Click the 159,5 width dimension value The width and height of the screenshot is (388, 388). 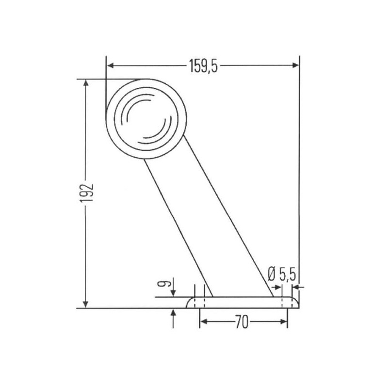coord(203,66)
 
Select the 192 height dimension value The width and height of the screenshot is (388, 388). coord(87,193)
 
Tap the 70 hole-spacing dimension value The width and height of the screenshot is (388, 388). coord(241,322)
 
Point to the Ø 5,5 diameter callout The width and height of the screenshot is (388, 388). coord(282,275)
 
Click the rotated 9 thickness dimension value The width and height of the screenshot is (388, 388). coord(164,283)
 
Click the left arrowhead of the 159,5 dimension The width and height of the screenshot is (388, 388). coord(111,65)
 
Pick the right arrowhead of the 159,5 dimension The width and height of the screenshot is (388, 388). coord(295,65)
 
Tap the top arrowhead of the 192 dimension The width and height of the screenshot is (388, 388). coord(86,82)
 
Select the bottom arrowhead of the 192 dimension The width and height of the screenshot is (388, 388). coord(85,305)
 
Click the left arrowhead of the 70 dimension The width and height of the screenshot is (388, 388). coord(203,322)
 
